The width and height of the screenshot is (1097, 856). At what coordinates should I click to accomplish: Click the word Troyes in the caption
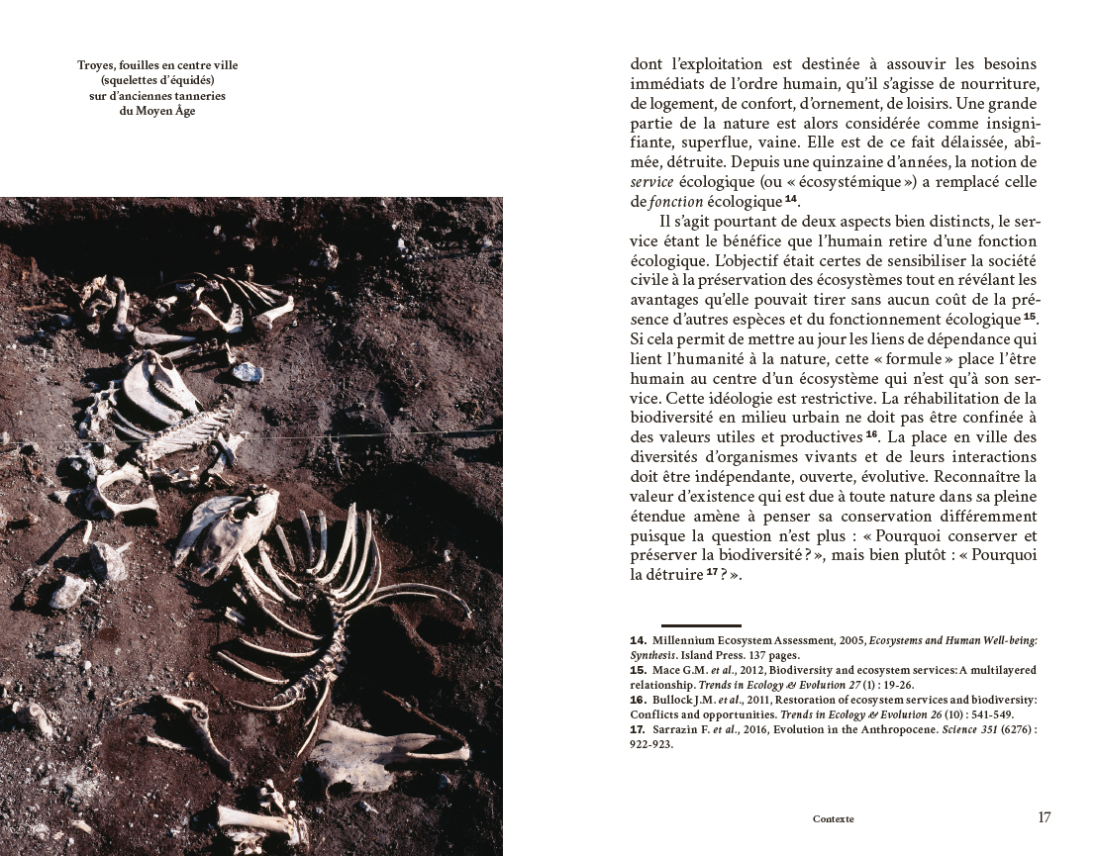(x=97, y=65)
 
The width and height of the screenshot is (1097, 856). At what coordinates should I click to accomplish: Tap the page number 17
(x=1045, y=817)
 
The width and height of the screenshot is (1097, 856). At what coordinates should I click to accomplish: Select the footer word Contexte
(x=833, y=819)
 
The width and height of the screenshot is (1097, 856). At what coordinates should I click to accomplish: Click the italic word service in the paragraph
(x=649, y=182)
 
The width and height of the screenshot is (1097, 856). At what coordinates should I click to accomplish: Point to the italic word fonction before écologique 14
(x=675, y=203)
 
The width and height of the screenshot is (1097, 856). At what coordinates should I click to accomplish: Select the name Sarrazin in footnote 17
(x=675, y=730)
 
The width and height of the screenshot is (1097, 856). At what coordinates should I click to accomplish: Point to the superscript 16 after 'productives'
(x=871, y=434)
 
